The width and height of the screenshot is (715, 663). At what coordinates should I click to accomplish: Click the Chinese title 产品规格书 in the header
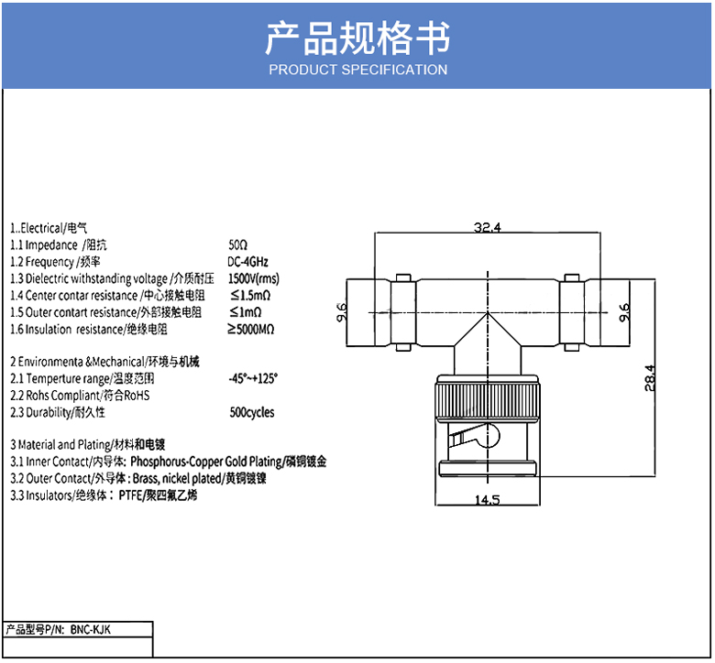[x=357, y=38]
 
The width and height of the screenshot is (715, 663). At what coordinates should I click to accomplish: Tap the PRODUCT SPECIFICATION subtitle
[x=357, y=70]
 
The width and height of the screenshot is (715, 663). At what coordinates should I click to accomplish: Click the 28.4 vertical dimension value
[x=650, y=378]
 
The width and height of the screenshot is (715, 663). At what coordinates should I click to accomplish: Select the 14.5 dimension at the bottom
[x=487, y=499]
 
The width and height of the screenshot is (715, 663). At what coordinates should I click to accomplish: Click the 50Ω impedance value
[x=238, y=245]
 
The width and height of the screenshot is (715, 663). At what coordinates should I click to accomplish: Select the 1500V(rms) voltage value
[x=254, y=278]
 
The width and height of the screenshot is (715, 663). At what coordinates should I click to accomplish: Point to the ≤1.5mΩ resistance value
[x=250, y=295]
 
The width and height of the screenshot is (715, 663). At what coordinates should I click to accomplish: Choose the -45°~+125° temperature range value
[x=253, y=378]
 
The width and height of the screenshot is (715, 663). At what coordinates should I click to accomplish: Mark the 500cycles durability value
[x=252, y=412]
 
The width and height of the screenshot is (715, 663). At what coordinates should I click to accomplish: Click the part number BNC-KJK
[x=89, y=629]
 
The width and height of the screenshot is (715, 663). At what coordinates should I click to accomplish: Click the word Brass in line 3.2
[x=147, y=478]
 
